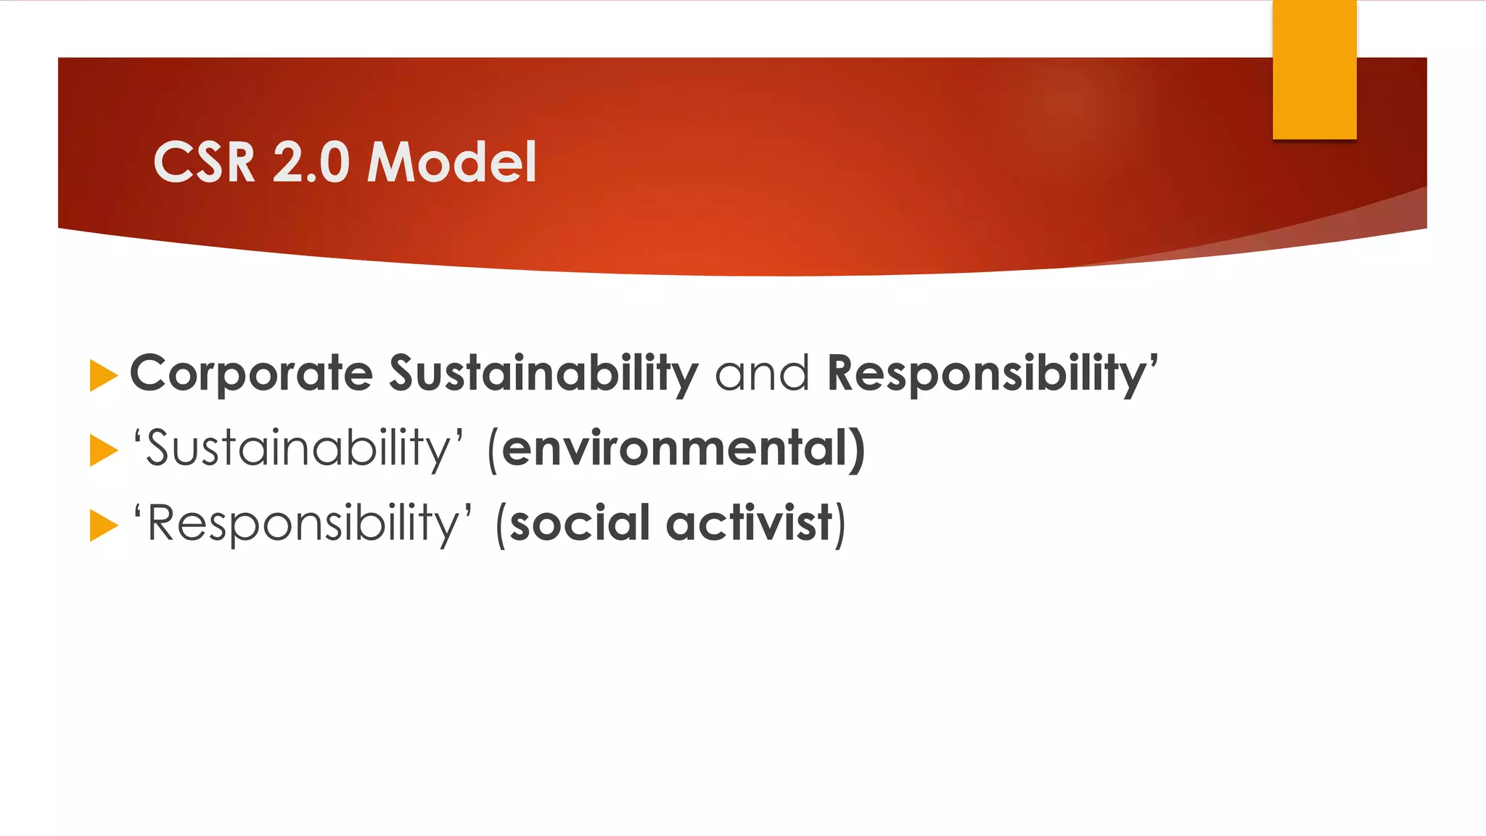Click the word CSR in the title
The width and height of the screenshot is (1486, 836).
coord(204,162)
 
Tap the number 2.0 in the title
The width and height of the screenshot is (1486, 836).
coord(311,162)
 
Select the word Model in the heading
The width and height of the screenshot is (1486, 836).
coord(451,162)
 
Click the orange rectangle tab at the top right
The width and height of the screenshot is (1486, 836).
coord(1314,70)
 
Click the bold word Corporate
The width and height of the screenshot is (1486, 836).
coord(251,374)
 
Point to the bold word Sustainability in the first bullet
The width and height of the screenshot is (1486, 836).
coord(543,374)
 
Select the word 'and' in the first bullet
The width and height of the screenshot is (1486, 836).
coord(762,374)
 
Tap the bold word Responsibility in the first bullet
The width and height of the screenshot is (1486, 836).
coord(987,374)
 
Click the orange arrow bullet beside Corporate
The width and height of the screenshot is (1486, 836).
coord(103,376)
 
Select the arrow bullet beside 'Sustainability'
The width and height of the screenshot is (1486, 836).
coord(103,451)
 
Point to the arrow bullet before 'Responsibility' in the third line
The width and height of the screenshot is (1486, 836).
coord(103,525)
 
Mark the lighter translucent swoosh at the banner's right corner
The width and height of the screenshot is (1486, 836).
coord(1342,225)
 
